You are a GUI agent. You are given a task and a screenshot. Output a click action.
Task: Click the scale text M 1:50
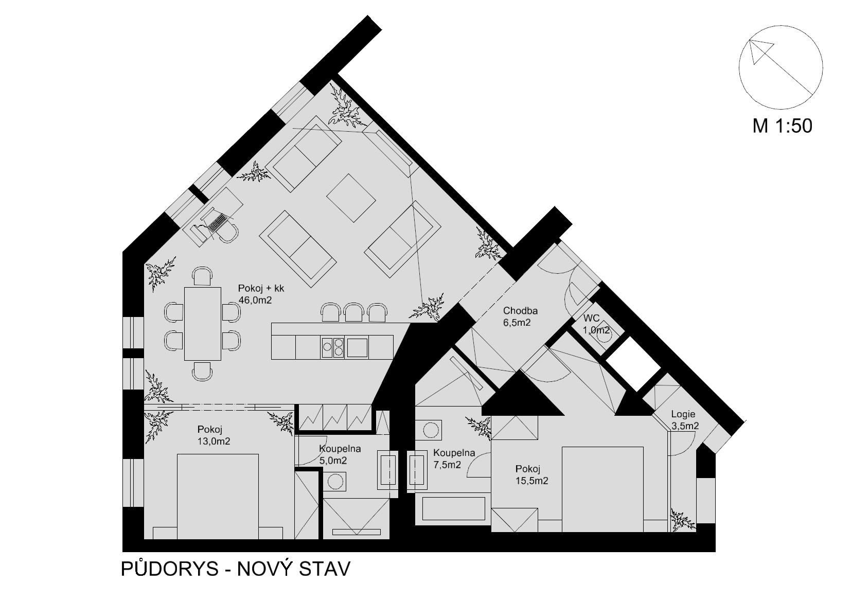click(782, 126)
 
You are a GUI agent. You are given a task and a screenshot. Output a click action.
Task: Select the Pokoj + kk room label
click(261, 288)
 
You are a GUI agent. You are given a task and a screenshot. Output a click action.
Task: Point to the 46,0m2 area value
click(255, 300)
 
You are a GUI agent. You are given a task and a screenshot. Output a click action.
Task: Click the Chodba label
click(520, 311)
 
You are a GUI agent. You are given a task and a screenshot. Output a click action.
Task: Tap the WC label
click(591, 318)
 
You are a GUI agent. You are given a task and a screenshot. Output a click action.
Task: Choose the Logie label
click(683, 414)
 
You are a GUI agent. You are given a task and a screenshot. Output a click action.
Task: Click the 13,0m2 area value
click(214, 442)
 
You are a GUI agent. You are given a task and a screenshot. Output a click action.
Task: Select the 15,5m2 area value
click(532, 481)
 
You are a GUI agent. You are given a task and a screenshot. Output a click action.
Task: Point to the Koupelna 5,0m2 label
click(340, 454)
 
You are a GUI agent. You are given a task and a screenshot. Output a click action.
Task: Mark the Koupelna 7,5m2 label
click(454, 458)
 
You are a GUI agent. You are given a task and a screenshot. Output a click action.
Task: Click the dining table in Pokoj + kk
click(203, 324)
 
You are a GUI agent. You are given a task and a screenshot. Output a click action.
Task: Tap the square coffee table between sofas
click(351, 198)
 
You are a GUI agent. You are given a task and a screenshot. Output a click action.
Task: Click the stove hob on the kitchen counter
click(333, 347)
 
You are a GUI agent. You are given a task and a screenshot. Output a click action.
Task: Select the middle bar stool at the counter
click(353, 312)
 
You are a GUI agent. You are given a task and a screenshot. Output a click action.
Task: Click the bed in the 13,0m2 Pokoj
click(218, 496)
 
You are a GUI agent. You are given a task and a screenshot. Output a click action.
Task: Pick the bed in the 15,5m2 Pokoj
click(602, 489)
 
